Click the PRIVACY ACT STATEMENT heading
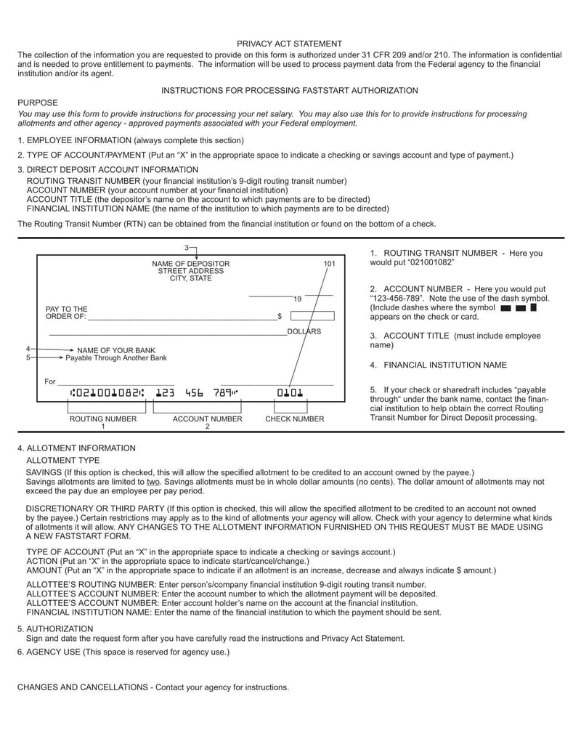(289, 44)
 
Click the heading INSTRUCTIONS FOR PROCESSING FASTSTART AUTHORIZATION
(289, 91)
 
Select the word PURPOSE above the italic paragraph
(37, 103)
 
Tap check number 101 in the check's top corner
(329, 264)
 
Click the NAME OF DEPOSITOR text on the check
(190, 264)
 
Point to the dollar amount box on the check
(312, 316)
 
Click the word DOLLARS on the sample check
(304, 331)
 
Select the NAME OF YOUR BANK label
(116, 350)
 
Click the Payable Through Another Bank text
(116, 358)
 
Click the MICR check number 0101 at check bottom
(290, 393)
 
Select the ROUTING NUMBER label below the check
(102, 419)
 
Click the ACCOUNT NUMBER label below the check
(207, 419)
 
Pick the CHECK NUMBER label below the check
(294, 419)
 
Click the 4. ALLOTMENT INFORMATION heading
(76, 448)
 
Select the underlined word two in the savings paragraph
(153, 482)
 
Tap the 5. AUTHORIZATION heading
(55, 628)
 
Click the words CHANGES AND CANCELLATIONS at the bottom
(84, 687)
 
